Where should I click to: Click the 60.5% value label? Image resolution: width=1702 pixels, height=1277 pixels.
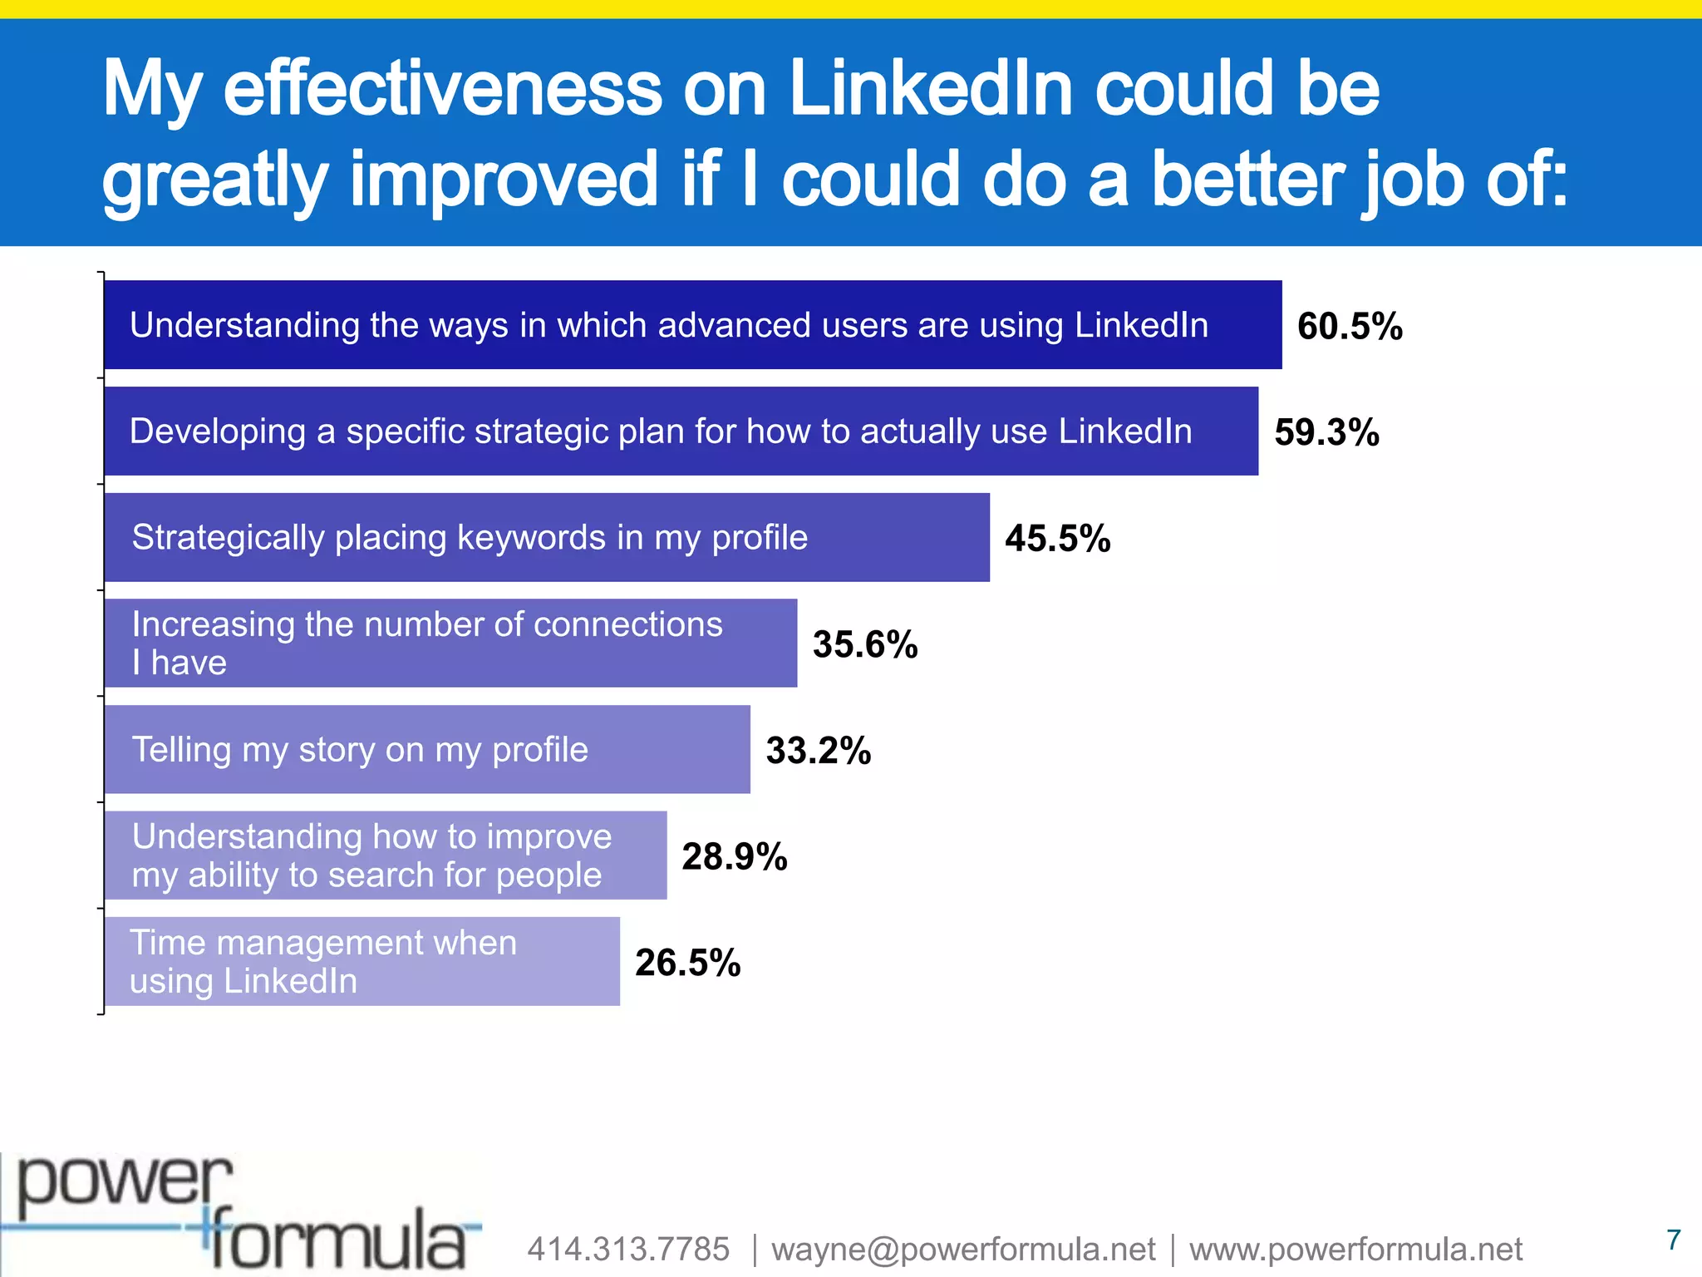pyautogui.click(x=1350, y=326)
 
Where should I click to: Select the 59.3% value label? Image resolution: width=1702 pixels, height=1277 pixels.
pyautogui.click(x=1326, y=432)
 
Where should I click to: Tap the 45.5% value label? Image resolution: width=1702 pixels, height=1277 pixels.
pyautogui.click(x=1057, y=538)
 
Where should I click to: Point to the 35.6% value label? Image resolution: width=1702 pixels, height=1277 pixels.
pyautogui.click(x=865, y=644)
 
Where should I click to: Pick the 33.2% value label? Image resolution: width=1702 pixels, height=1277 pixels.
pyautogui.click(x=818, y=750)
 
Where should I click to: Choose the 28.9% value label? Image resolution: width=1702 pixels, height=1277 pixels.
pyautogui.click(x=735, y=856)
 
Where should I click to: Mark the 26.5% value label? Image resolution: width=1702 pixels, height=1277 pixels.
pyautogui.click(x=687, y=963)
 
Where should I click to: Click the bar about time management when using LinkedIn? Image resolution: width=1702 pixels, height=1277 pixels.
pyautogui.click(x=362, y=961)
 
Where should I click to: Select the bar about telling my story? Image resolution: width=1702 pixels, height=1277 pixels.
pyautogui.click(x=427, y=749)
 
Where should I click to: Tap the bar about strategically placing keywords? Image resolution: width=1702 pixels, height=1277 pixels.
pyautogui.click(x=547, y=537)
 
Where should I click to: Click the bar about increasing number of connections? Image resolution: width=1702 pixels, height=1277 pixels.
pyautogui.click(x=450, y=643)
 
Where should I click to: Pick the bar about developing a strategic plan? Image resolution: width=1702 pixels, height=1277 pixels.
pyautogui.click(x=681, y=431)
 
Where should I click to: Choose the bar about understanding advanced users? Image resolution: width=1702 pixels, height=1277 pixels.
pyautogui.click(x=692, y=324)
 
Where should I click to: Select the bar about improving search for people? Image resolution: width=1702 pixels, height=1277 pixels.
pyautogui.click(x=386, y=855)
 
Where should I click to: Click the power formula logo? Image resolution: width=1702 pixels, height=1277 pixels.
pyautogui.click(x=241, y=1214)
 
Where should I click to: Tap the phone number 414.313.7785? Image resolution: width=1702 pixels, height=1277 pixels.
pyautogui.click(x=628, y=1249)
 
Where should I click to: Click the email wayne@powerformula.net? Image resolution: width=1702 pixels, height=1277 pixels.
pyautogui.click(x=963, y=1249)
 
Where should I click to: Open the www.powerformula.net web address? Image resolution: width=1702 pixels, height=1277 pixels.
pyautogui.click(x=1355, y=1249)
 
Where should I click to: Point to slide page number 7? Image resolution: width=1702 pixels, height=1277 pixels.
pyautogui.click(x=1674, y=1240)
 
